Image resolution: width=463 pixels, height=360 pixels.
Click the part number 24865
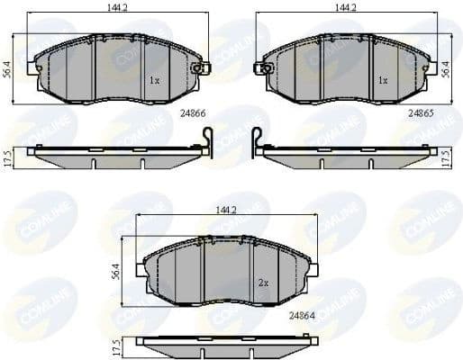click(x=422, y=113)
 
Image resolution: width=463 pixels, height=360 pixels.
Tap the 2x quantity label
click(x=263, y=283)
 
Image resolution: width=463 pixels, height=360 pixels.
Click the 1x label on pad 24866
click(x=154, y=80)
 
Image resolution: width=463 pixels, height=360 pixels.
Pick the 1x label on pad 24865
click(x=382, y=80)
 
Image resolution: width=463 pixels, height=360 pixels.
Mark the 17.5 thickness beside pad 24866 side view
click(x=9, y=155)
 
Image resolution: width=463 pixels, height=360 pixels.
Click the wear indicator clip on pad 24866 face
click(x=200, y=67)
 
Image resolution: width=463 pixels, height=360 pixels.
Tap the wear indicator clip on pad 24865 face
click(x=265, y=67)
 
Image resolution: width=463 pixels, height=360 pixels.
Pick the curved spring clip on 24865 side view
click(x=255, y=141)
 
